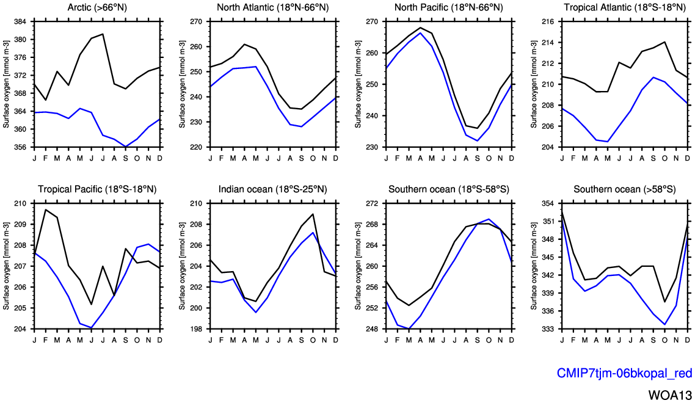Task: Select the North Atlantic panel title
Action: [272, 7]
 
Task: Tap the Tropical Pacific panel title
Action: [96, 189]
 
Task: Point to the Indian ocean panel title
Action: [272, 189]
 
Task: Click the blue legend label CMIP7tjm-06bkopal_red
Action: [624, 373]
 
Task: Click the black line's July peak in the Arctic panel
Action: [103, 34]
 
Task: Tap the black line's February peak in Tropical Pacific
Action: [46, 209]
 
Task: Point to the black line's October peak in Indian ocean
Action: [313, 214]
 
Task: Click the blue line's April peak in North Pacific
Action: [420, 33]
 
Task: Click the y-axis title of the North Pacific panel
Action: [359, 84]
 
